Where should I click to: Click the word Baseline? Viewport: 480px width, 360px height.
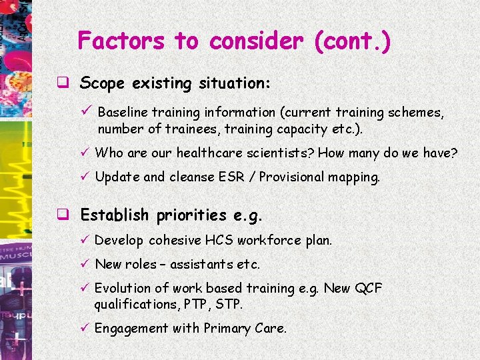pos(123,113)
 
